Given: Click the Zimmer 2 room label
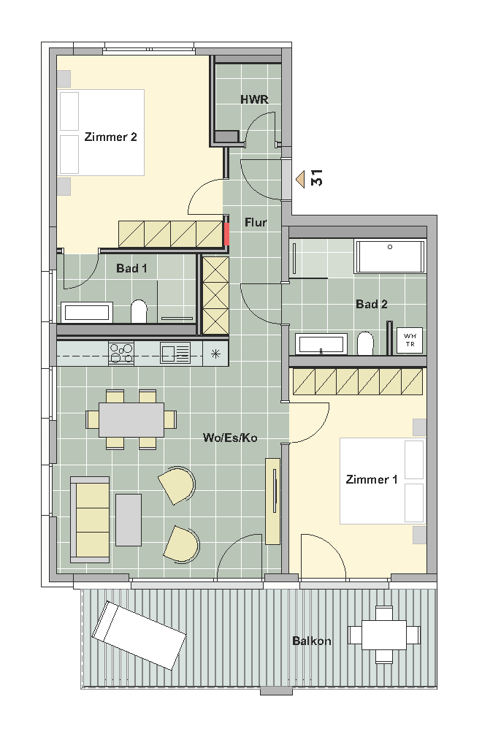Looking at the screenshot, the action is [111, 137].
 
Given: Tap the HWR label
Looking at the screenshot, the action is [254, 99].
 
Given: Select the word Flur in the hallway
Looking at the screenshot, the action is [256, 222].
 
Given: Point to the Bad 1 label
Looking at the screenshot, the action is [131, 269].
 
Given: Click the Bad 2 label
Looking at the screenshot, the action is [372, 305].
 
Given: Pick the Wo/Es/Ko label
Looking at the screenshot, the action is [230, 438].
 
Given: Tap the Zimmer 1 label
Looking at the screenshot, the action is [372, 479].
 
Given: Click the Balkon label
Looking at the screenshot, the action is [312, 641].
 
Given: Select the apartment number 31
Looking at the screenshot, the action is [316, 178].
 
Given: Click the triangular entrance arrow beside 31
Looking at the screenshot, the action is [300, 180].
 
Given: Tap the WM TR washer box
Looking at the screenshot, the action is [410, 340].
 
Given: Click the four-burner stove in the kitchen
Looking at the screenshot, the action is [121, 353].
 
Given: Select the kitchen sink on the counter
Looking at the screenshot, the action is [175, 353].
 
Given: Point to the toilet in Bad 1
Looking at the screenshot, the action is [139, 311].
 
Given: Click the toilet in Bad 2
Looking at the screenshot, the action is [365, 343].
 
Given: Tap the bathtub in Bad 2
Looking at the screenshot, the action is [390, 256].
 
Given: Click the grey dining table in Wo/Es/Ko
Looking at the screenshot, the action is [131, 419].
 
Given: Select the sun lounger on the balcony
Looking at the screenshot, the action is [139, 636].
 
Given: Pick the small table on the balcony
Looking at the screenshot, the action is [384, 635].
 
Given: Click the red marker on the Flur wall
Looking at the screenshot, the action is [227, 234].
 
